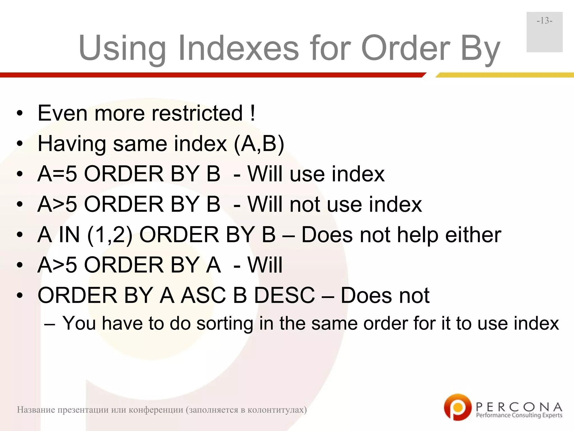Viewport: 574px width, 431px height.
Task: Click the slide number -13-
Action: [545, 21]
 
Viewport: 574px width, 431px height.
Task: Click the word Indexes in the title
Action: [239, 48]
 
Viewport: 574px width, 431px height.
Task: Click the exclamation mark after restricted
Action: [253, 113]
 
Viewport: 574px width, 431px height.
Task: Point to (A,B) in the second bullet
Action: [259, 144]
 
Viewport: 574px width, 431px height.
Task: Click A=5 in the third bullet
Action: [57, 174]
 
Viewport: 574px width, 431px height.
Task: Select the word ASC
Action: [203, 295]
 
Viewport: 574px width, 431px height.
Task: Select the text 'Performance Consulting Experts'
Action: [519, 415]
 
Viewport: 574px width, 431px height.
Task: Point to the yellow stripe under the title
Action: [504, 75]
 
